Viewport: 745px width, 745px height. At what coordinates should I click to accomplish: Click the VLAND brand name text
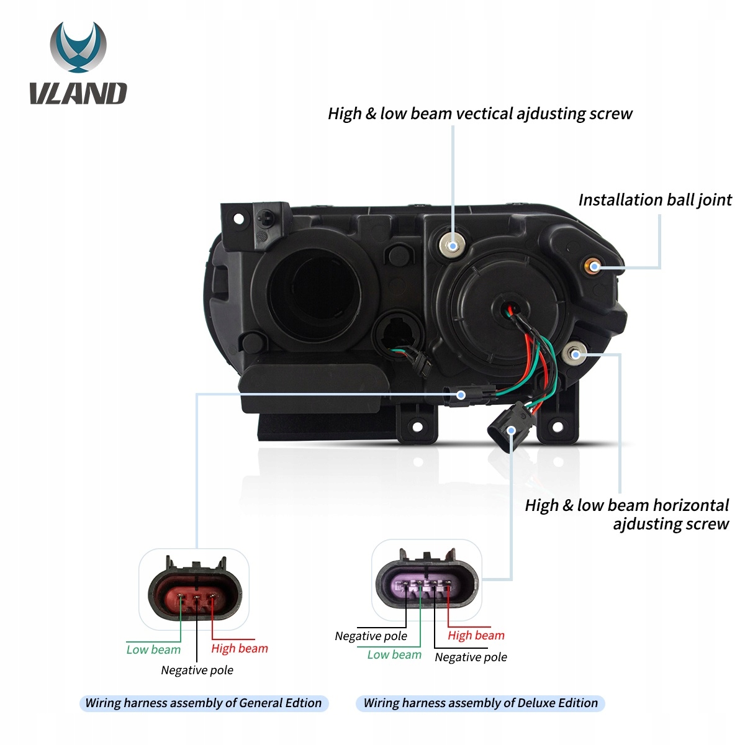(x=78, y=94)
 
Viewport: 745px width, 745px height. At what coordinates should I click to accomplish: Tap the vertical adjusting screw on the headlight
(x=453, y=246)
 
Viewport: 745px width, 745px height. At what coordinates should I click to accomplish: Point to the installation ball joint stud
(x=594, y=266)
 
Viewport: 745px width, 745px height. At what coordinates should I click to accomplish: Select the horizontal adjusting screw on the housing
(x=576, y=354)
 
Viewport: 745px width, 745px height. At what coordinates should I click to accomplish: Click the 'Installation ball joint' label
(x=654, y=200)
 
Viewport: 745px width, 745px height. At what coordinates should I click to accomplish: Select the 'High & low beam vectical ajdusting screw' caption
(x=480, y=114)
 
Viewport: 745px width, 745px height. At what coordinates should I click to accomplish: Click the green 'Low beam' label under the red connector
(x=153, y=650)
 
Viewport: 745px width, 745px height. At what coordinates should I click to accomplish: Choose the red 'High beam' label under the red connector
(x=240, y=649)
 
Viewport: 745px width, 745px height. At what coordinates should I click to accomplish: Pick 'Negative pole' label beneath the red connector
(x=197, y=670)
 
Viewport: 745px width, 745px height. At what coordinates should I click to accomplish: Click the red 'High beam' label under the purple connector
(x=476, y=636)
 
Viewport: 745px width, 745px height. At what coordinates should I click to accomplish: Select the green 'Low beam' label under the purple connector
(x=394, y=655)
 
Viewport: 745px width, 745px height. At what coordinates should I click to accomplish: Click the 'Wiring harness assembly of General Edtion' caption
(x=204, y=703)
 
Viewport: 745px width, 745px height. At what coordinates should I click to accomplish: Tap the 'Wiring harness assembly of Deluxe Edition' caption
(x=481, y=703)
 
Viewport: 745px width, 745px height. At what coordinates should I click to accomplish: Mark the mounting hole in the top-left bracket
(x=238, y=219)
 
